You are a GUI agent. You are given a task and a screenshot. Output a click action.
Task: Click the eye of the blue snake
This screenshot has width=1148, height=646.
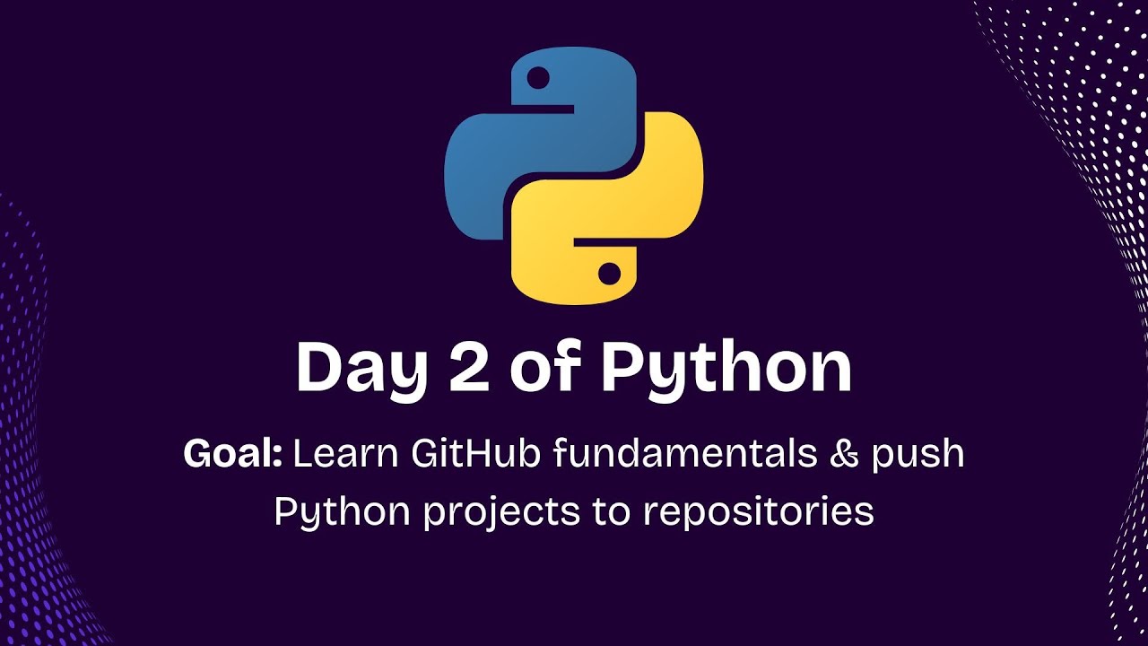click(x=538, y=79)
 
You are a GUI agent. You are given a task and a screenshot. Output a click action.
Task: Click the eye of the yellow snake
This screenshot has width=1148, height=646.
click(x=610, y=272)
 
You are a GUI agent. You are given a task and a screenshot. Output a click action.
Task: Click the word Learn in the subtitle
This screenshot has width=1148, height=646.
click(x=346, y=454)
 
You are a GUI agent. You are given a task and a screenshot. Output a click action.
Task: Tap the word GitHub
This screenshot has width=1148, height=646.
click(x=476, y=454)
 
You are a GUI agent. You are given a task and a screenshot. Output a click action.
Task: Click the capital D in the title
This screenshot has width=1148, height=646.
click(x=319, y=367)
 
